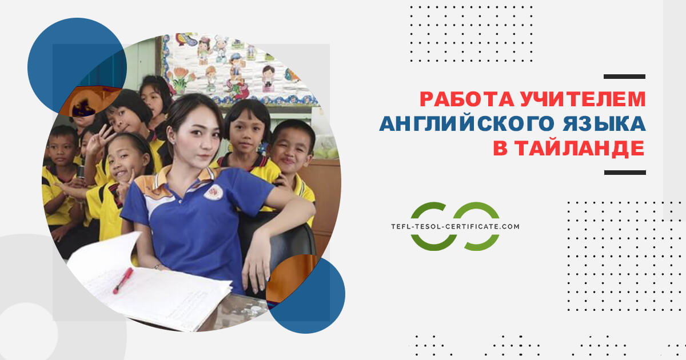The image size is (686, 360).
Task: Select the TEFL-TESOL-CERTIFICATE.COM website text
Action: (454, 227)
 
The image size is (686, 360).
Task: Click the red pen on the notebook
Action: (122, 281)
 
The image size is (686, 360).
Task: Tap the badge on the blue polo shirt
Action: (213, 192)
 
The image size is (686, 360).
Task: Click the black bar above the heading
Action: (624, 77)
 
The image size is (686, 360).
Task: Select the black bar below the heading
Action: (624, 172)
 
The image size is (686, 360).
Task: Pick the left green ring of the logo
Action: (430, 226)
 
